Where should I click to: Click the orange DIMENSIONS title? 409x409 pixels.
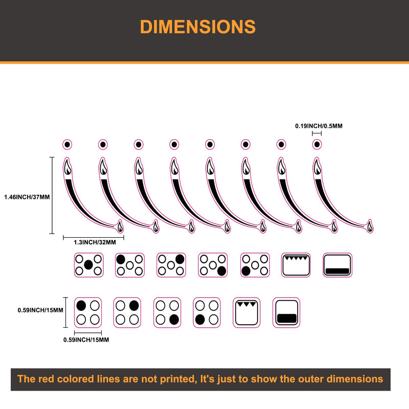[x=198, y=27]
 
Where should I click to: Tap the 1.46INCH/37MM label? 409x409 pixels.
[x=27, y=197]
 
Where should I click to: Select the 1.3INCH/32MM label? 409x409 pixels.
[x=95, y=242]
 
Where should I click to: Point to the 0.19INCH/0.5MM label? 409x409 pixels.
[x=319, y=126]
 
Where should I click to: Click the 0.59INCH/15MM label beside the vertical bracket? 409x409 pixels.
[x=40, y=310]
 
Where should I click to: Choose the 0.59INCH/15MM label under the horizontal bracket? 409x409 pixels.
[x=86, y=340]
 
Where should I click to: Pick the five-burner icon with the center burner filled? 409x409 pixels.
[x=88, y=265]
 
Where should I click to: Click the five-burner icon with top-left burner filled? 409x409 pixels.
[x=130, y=265]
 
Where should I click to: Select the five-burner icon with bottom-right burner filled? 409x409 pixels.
[x=213, y=265]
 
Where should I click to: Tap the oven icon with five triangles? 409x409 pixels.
[x=296, y=265]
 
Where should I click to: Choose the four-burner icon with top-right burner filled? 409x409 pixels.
[x=127, y=312]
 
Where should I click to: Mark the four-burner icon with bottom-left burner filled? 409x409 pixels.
[x=207, y=312]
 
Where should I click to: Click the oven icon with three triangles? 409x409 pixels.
[x=246, y=312]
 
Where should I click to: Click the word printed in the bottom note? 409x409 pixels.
[x=177, y=379]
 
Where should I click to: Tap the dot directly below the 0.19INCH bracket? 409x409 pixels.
[x=317, y=144]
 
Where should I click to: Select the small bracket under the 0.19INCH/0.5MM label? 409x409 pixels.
[x=316, y=133]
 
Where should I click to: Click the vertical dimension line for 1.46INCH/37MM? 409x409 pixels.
[x=52, y=195]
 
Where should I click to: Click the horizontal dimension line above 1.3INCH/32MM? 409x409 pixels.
[x=94, y=237]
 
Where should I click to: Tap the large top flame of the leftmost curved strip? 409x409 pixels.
[x=67, y=167]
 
